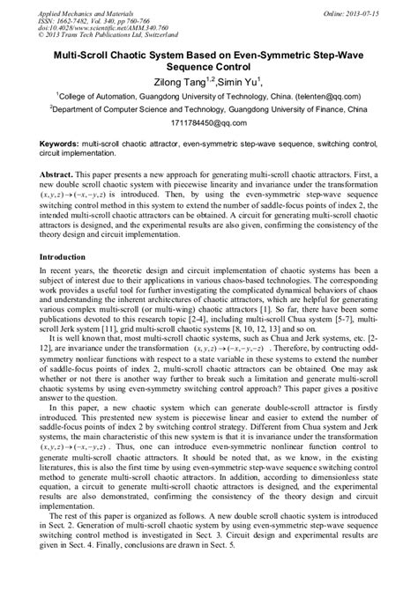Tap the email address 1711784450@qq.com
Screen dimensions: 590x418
tap(207, 127)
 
